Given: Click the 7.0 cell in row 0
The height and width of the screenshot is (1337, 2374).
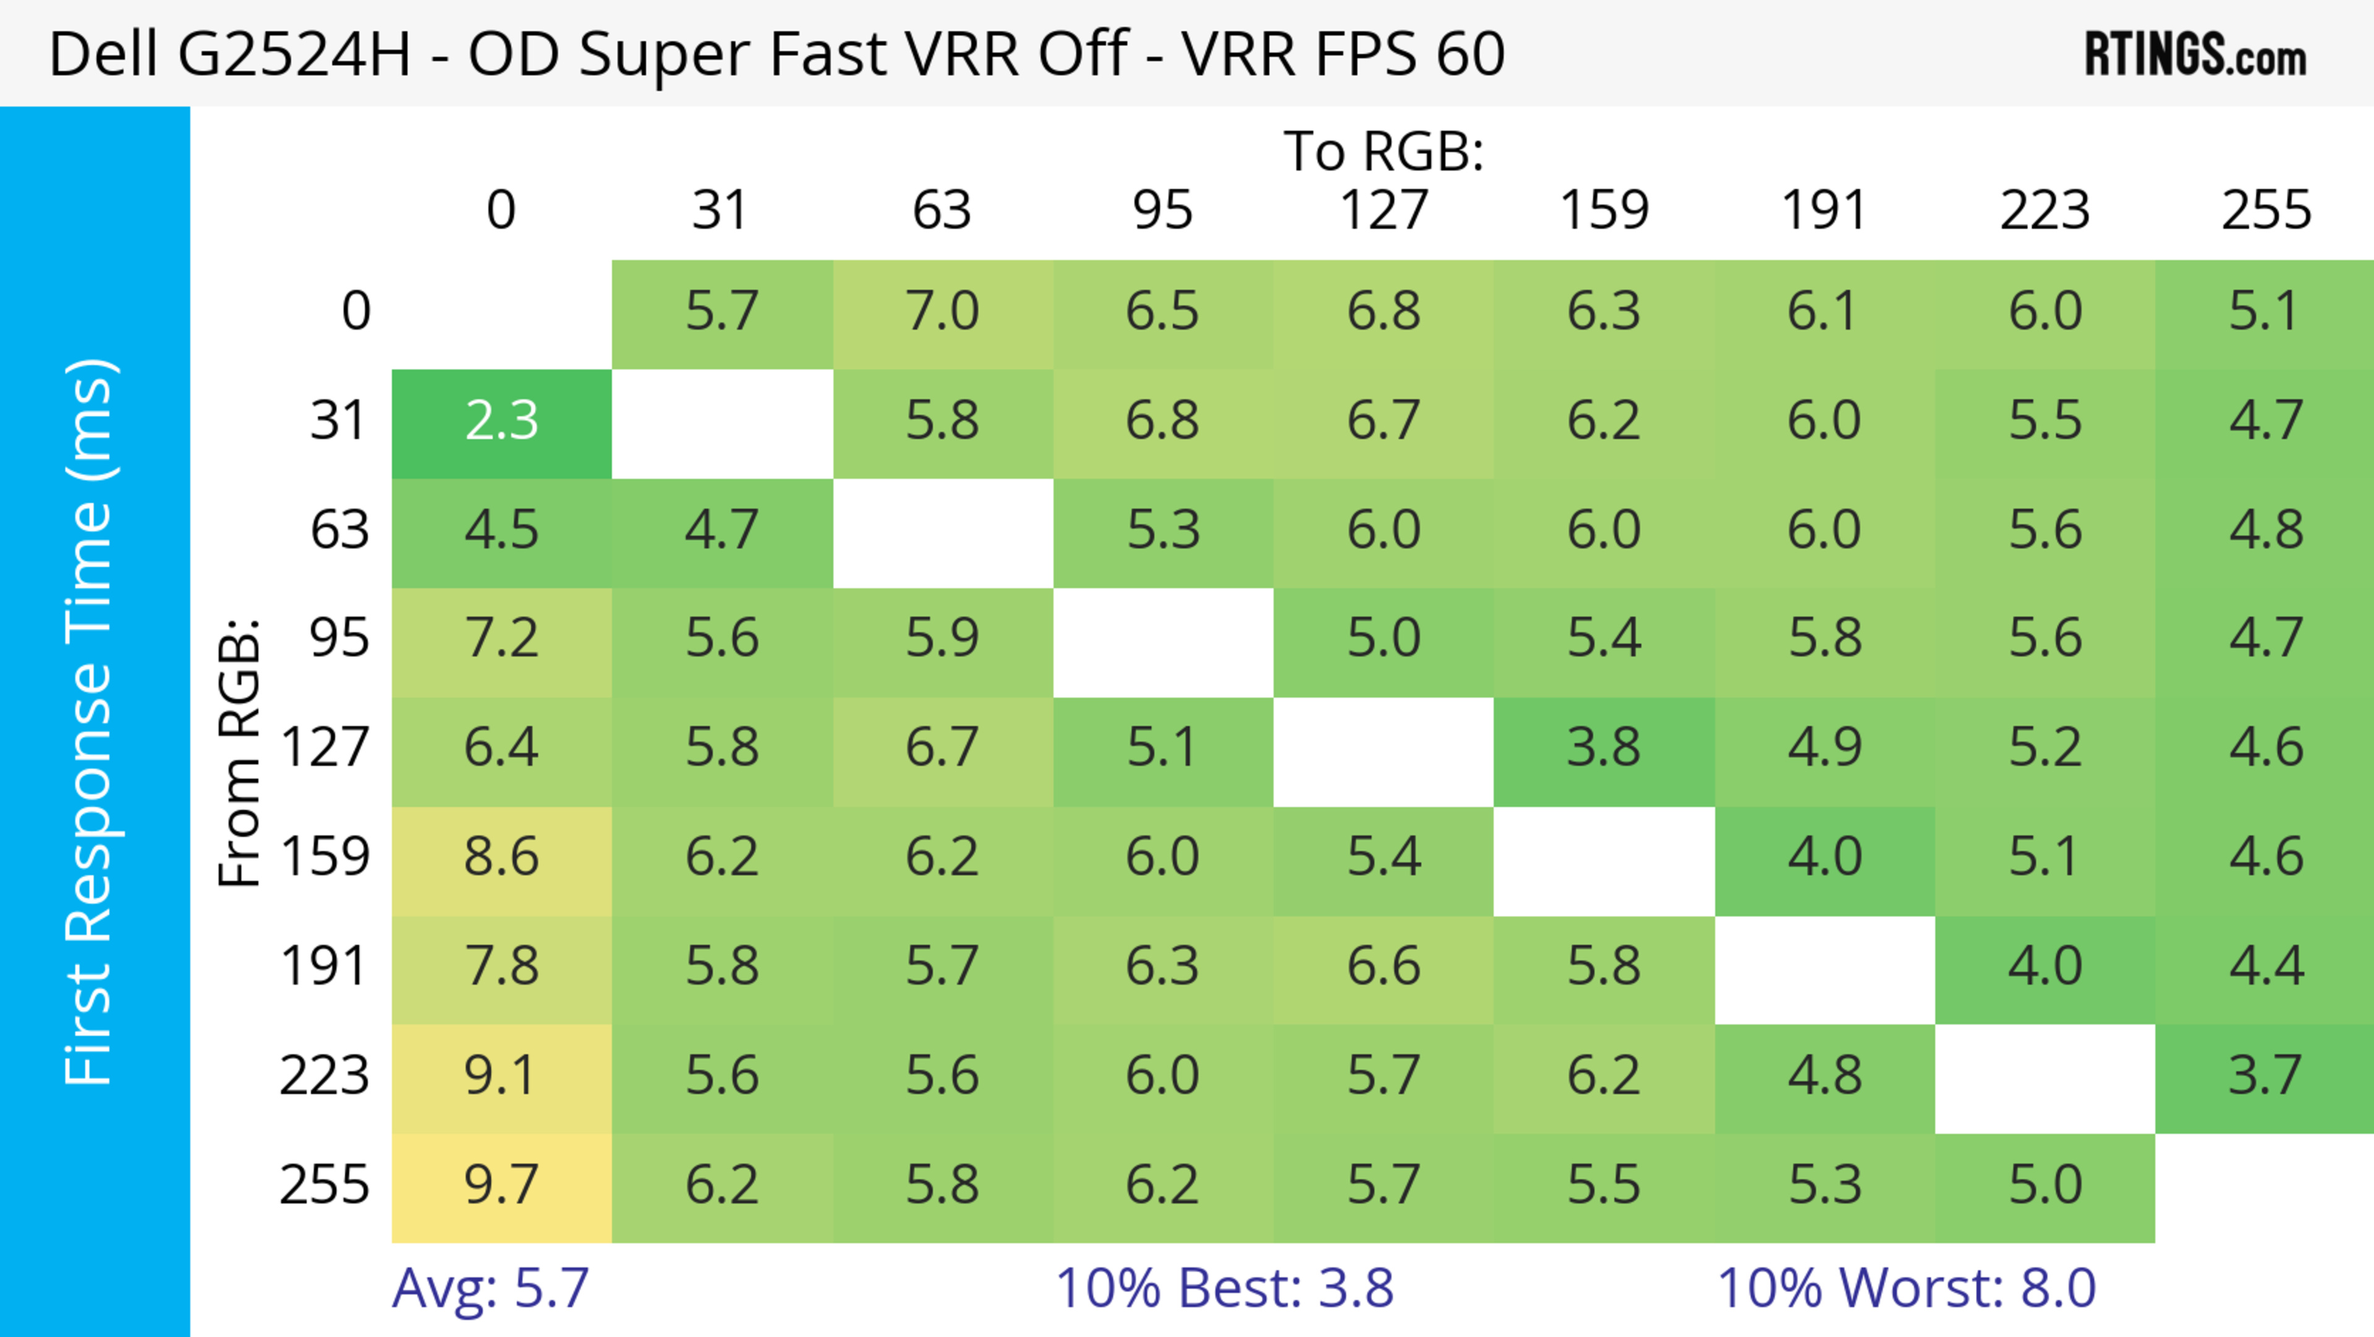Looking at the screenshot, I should (942, 312).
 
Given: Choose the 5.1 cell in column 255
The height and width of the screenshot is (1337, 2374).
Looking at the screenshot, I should (2265, 312).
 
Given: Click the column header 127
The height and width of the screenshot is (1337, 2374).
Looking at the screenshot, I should (1384, 210).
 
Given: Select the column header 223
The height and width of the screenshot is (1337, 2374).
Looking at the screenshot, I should (2044, 210).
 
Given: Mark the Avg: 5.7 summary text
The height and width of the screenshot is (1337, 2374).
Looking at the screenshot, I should (490, 1288).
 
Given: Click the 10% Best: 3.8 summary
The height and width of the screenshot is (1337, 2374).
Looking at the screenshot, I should (1224, 1288).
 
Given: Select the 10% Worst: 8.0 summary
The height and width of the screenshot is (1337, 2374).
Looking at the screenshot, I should (1906, 1288).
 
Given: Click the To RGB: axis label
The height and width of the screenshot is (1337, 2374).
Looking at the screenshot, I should (1384, 151).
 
